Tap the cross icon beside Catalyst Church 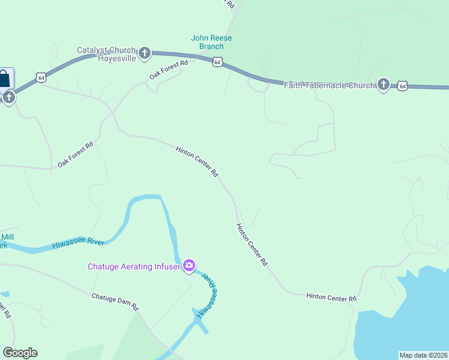pyautogui.click(x=144, y=54)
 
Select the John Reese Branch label pyautogui.click(x=211, y=42)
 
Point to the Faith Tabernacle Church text pyautogui.click(x=329, y=85)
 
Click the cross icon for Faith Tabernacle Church pyautogui.click(x=384, y=85)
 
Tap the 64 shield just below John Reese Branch pyautogui.click(x=218, y=62)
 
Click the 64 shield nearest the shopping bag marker pyautogui.click(x=41, y=77)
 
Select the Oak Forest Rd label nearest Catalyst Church pyautogui.click(x=169, y=70)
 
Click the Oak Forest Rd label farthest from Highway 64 pyautogui.click(x=76, y=154)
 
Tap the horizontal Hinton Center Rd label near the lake pyautogui.click(x=331, y=297)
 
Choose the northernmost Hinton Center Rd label pyautogui.click(x=196, y=161)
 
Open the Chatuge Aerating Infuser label pyautogui.click(x=134, y=266)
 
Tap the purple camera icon pyautogui.click(x=189, y=265)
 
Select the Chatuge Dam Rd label pyautogui.click(x=115, y=301)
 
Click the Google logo pyautogui.click(x=20, y=353)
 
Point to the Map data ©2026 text pyautogui.click(x=423, y=355)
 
